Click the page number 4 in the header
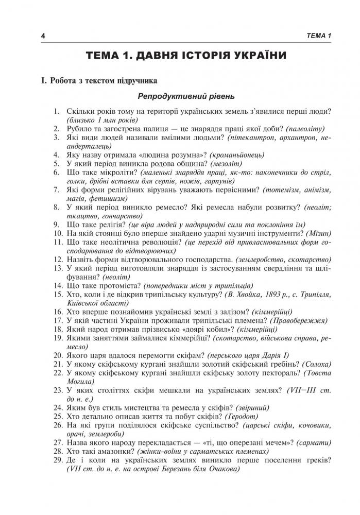(44, 35)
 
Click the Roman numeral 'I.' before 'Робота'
(38, 80)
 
